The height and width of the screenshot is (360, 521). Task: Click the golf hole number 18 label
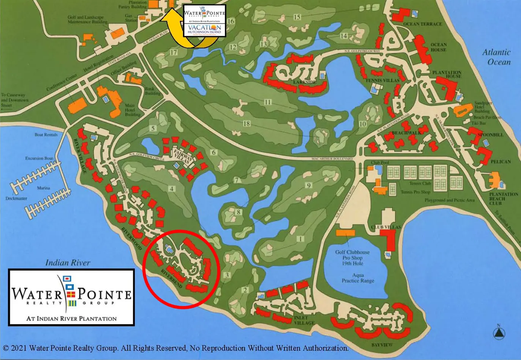point(247,123)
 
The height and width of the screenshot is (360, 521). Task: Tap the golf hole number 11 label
point(268,102)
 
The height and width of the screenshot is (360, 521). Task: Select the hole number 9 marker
point(309,185)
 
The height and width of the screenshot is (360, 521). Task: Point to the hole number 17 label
point(174,53)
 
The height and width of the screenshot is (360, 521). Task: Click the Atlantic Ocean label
point(496,57)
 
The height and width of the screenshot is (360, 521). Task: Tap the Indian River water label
point(68,262)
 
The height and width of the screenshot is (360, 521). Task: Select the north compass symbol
point(499,332)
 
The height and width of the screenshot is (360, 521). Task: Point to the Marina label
point(44,188)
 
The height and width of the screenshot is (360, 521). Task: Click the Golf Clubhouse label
point(352,252)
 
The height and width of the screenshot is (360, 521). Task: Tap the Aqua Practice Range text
point(358,278)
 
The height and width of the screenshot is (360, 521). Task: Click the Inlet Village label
point(305,321)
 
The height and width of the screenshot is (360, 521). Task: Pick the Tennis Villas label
point(382,81)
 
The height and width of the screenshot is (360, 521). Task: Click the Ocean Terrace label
point(422,24)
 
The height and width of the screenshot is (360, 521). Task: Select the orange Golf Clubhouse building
point(346,232)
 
